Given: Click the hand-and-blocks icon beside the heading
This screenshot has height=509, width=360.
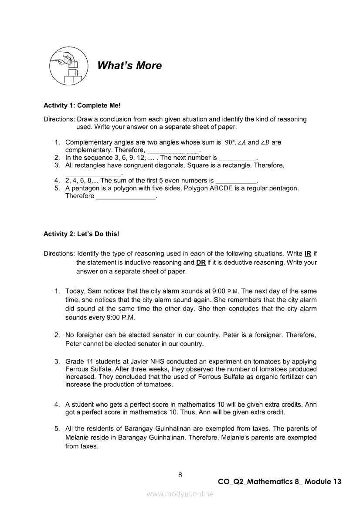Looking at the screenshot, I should click(x=66, y=66).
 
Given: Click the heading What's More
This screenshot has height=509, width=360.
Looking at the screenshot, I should click(x=129, y=66).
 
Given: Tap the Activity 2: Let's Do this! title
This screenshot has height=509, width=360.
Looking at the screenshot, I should click(x=81, y=234).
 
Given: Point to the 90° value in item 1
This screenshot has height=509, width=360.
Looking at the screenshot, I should click(x=230, y=142).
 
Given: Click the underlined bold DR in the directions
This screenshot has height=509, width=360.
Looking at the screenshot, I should click(x=201, y=263).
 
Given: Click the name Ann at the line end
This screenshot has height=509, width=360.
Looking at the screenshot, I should click(x=311, y=404).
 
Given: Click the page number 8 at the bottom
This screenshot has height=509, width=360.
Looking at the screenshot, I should click(x=180, y=475).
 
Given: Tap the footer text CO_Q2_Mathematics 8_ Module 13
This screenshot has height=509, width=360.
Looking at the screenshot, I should click(x=279, y=482).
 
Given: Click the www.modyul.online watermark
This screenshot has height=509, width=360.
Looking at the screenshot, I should click(x=180, y=494).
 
